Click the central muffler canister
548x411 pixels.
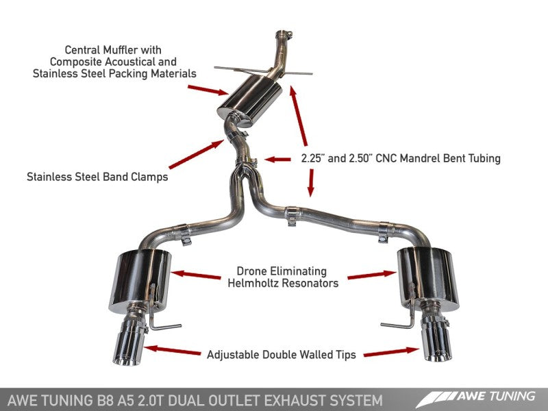pyautogui.click(x=249, y=102)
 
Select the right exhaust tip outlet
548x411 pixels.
pyautogui.click(x=436, y=349)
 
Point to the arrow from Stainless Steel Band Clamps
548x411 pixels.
pyautogui.click(x=195, y=154)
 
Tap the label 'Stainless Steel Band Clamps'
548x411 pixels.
pyautogui.click(x=97, y=177)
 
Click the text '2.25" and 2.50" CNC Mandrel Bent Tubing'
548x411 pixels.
pyautogui.click(x=401, y=158)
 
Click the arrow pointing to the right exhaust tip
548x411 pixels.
pyautogui.click(x=390, y=352)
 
